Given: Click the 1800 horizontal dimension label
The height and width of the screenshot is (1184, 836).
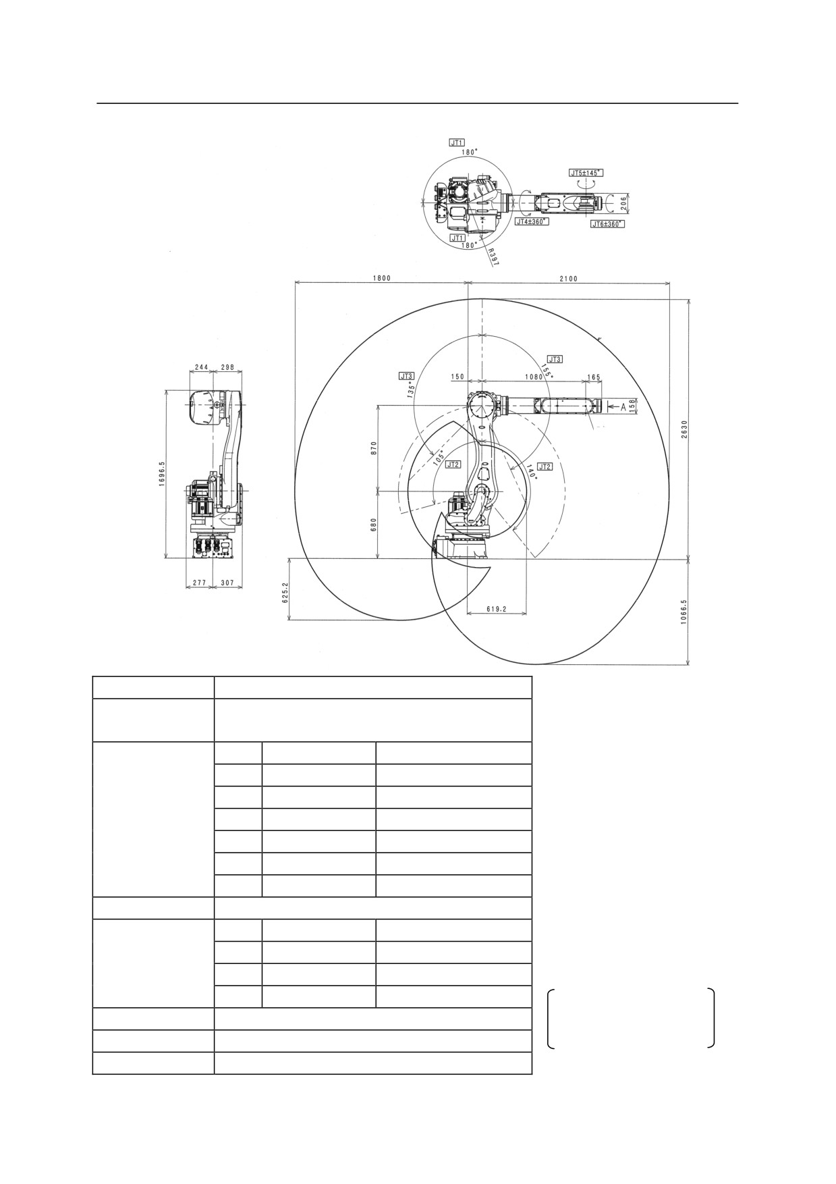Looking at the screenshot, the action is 381,278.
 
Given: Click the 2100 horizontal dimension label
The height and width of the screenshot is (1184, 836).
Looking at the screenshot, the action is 568,278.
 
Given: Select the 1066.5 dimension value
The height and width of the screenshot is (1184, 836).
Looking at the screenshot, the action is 684,613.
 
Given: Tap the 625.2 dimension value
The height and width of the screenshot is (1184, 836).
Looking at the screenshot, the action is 285,592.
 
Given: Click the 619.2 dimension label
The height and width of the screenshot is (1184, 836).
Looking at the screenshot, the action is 496,609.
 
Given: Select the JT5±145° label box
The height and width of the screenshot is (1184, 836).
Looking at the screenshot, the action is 586,173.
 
